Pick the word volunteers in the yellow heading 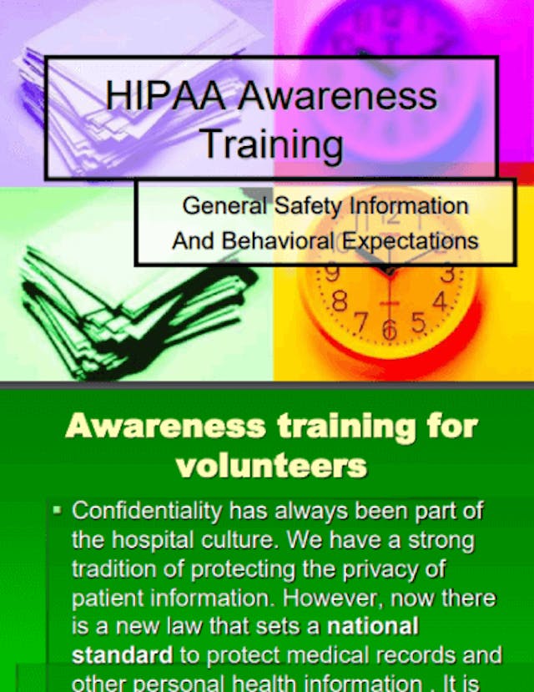271,464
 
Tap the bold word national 372,625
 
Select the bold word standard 122,654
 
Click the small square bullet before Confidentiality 58,508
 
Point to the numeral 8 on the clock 340,302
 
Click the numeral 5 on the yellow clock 419,321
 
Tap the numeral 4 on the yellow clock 440,300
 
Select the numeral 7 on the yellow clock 362,321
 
